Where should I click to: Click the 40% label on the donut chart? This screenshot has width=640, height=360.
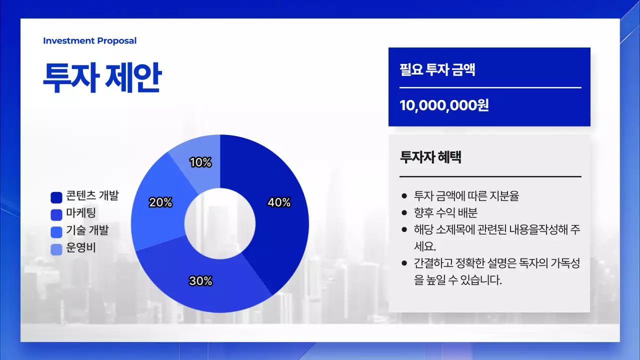(x=279, y=202)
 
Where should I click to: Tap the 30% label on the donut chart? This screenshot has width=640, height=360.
(x=200, y=281)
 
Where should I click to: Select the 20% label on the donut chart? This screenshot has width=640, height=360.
(x=160, y=202)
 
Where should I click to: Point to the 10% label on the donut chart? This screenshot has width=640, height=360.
(x=200, y=162)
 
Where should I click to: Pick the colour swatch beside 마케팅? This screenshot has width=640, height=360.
(x=56, y=214)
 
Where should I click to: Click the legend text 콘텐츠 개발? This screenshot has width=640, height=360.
(x=92, y=196)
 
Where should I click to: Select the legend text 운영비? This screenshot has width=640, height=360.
(x=81, y=247)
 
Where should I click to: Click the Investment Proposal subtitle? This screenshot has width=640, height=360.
(x=89, y=41)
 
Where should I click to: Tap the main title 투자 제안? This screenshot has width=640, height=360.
(x=102, y=78)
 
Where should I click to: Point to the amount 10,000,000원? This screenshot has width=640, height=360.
(x=444, y=105)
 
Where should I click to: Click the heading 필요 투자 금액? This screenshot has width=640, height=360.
(x=437, y=69)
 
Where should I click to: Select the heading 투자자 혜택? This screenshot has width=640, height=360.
(x=430, y=157)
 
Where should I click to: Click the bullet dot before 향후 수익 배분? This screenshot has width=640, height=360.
(x=404, y=213)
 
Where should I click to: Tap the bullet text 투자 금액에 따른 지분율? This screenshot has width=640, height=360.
(x=466, y=195)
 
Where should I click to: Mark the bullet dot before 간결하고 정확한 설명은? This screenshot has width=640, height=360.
(x=404, y=263)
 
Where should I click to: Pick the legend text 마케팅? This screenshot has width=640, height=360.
(x=81, y=213)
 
